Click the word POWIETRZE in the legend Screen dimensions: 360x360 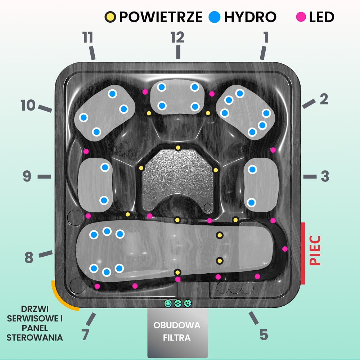pyautogui.click(x=161, y=17)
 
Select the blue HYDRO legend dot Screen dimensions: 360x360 pyautogui.click(x=215, y=17)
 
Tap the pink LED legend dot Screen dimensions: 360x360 pyautogui.click(x=301, y=17)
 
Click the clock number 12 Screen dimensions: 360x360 pyautogui.click(x=177, y=37)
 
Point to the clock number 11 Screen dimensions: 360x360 pyautogui.click(x=88, y=37)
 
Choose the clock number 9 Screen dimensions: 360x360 pyautogui.click(x=27, y=176)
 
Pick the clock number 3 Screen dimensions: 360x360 pyautogui.click(x=325, y=176)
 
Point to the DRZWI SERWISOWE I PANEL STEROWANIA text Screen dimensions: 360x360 pyautogui.click(x=35, y=323)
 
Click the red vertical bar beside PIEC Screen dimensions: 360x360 pyautogui.click(x=303, y=253)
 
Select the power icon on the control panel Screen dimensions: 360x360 pyautogui.click(x=168, y=303)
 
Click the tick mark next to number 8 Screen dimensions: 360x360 pyautogui.click(x=46, y=254)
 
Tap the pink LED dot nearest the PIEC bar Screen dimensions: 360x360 pyautogui.click(x=285, y=249)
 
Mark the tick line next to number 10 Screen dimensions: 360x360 pyautogui.click(x=45, y=108)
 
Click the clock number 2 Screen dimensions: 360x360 pyautogui.click(x=324, y=99)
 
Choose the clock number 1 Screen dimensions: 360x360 pyautogui.click(x=266, y=37)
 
